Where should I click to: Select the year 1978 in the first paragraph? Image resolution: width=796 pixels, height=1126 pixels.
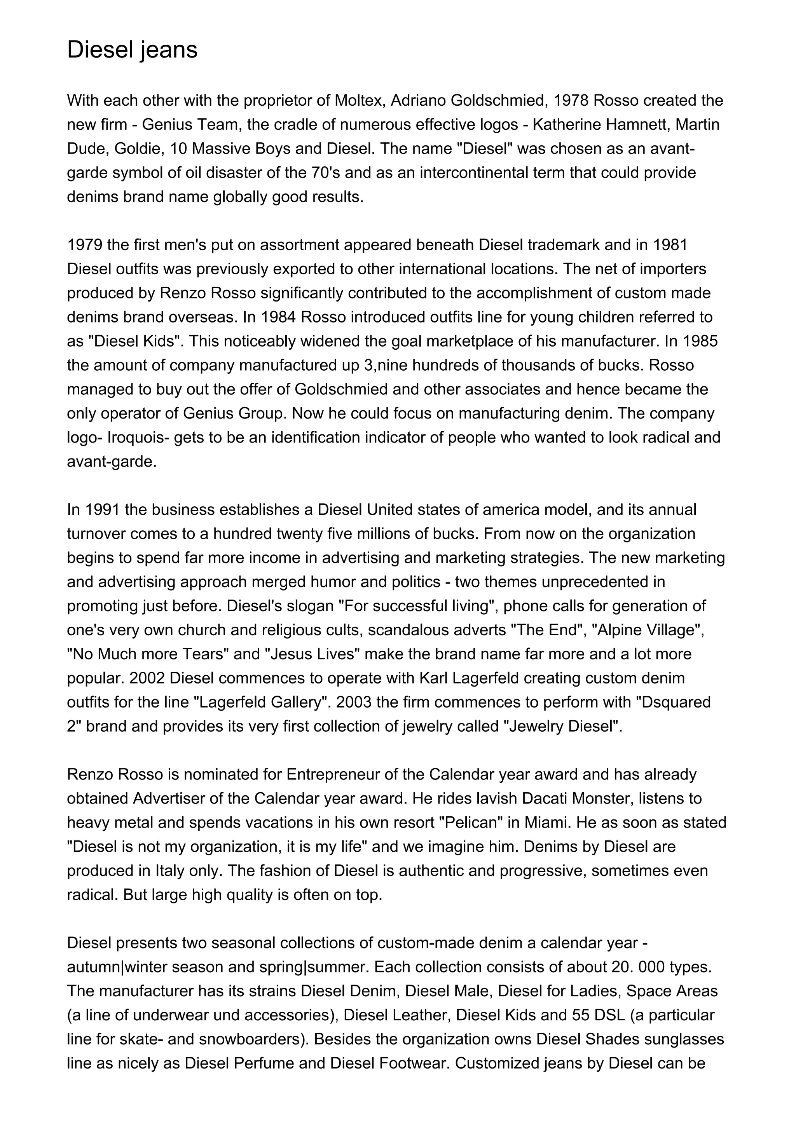click(571, 101)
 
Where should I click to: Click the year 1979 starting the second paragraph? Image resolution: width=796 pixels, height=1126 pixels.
click(84, 245)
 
